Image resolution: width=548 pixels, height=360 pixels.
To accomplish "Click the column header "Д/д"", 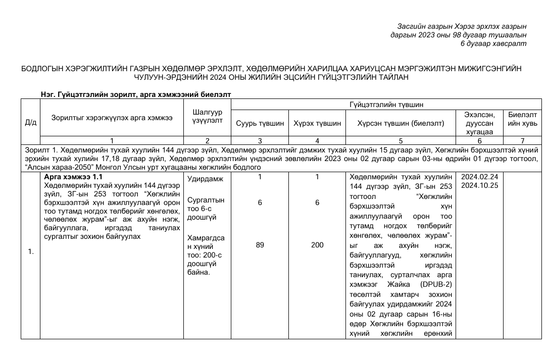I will (x=30, y=123).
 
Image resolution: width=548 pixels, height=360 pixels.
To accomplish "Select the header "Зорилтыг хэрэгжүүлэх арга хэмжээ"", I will (x=112, y=118).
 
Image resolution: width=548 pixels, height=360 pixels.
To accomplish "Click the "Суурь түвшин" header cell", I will (x=260, y=123).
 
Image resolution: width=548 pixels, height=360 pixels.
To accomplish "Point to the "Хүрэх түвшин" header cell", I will (x=317, y=123).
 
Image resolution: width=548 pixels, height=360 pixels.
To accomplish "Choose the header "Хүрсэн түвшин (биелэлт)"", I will (x=401, y=123).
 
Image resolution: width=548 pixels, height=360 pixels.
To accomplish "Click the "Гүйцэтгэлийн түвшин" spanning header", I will (x=386, y=105).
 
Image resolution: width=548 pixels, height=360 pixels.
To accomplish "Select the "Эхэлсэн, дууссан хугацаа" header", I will (x=480, y=123).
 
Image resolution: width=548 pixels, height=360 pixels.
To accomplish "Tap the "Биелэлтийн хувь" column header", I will (x=522, y=119).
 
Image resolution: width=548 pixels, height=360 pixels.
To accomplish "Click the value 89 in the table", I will (x=260, y=245).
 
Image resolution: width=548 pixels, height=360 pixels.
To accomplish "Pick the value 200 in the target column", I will (x=317, y=245).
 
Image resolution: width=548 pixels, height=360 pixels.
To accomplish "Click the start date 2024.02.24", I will (x=480, y=177).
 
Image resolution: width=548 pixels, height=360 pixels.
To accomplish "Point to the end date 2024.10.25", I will (x=480, y=186).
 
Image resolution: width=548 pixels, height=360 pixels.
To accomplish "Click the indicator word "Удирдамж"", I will (x=202, y=179).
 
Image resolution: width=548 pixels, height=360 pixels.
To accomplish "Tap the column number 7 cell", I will (x=522, y=140).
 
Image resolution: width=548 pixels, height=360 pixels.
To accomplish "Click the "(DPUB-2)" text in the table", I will (x=435, y=284).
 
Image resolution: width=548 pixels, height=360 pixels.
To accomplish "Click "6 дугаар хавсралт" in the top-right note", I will (x=493, y=44).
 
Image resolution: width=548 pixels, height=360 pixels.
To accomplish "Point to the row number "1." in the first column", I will (x=30, y=252).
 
